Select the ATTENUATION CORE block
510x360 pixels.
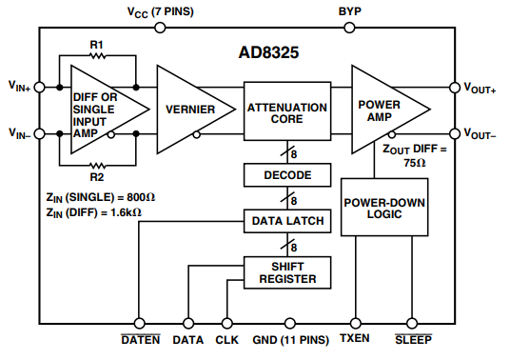(286, 112)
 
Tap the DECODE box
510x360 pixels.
(286, 175)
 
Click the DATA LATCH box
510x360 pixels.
(286, 222)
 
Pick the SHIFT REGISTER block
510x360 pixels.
(286, 272)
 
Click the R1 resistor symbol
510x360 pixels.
(96, 57)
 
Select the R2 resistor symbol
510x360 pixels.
(96, 163)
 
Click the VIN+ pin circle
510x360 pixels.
(40, 87)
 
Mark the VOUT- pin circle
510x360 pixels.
(455, 133)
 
